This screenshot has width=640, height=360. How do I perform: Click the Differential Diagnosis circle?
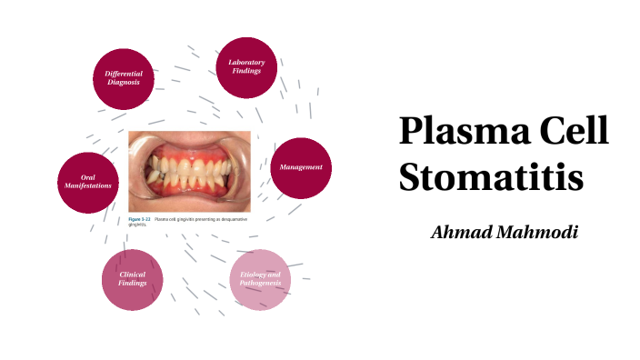pos(123,77)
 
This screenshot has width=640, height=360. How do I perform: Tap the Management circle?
pos(300,167)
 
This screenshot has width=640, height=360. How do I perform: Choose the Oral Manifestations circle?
pos(87,182)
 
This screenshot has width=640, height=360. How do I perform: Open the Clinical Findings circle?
pos(132,279)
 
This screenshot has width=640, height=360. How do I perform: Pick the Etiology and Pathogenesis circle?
pos(260,279)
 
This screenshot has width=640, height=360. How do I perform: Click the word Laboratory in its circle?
pos(246,62)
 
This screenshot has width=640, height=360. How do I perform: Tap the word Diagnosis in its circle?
pos(123,82)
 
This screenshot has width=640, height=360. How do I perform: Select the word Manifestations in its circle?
pos(87,186)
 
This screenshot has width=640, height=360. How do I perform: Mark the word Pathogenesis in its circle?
pos(260,284)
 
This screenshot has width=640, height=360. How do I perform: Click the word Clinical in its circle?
pos(132,275)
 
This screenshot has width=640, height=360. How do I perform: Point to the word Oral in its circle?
pos(87,177)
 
